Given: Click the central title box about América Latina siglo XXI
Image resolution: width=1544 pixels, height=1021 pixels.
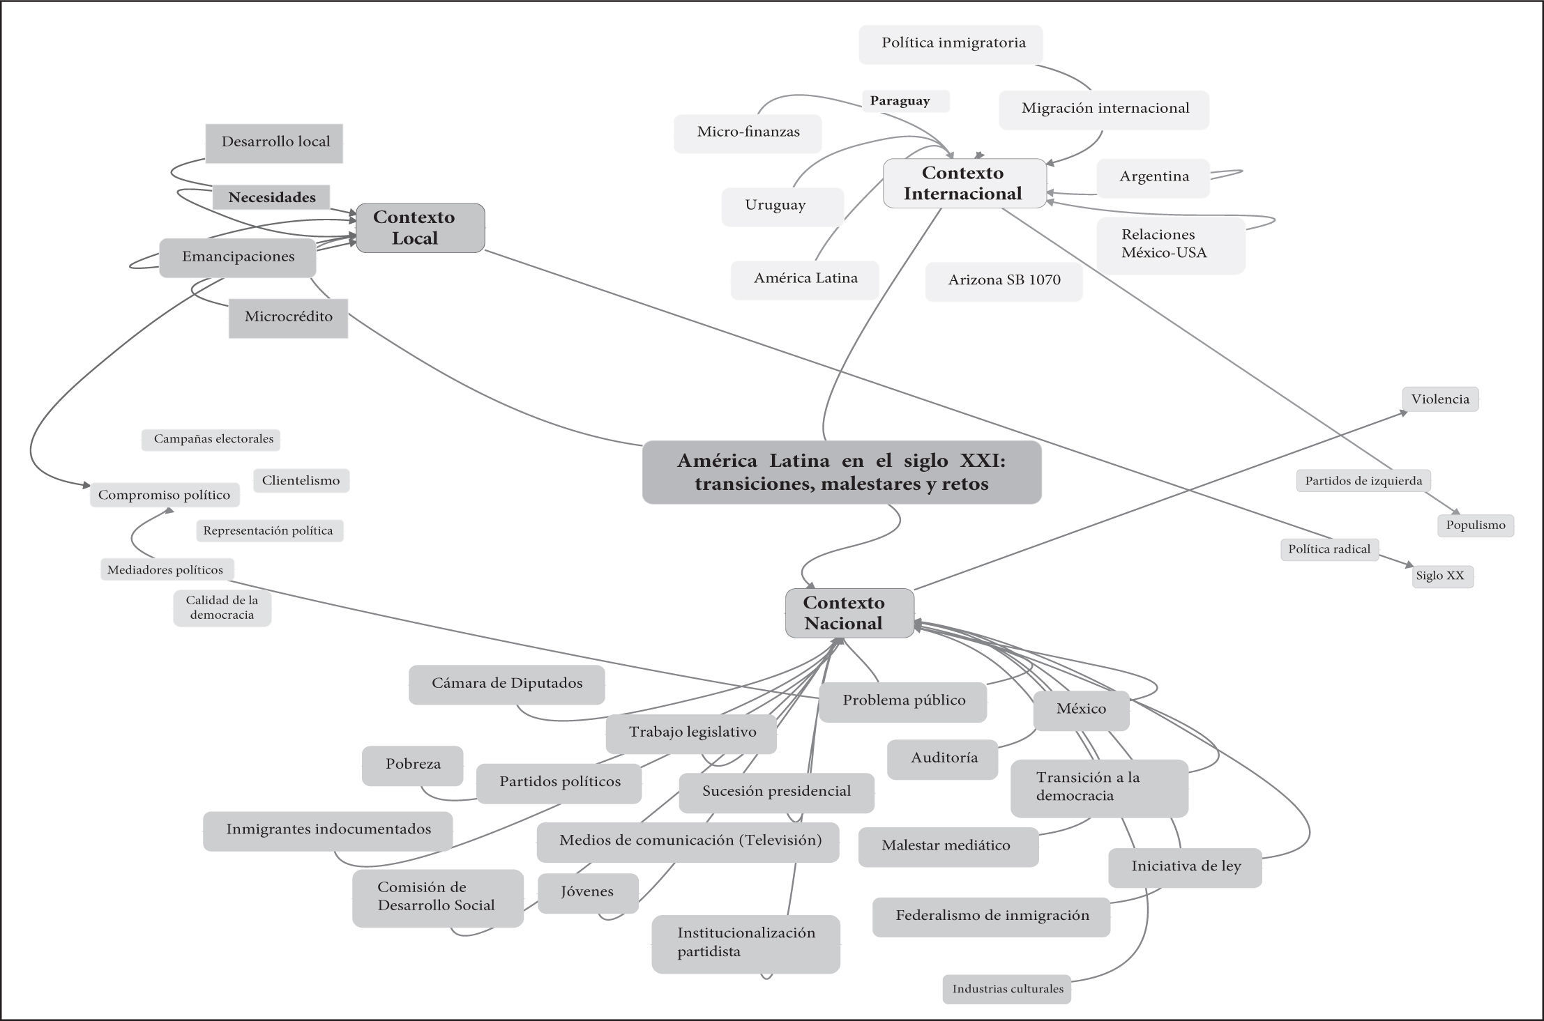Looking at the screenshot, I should pyautogui.click(x=841, y=472).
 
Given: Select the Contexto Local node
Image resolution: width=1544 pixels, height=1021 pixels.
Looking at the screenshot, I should pyautogui.click(x=420, y=228).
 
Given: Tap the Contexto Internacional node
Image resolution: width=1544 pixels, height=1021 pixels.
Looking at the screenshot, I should pyautogui.click(x=964, y=183).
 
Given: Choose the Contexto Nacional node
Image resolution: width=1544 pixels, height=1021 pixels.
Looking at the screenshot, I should pyautogui.click(x=849, y=613).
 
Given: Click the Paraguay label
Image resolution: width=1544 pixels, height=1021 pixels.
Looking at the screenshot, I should pyautogui.click(x=905, y=101).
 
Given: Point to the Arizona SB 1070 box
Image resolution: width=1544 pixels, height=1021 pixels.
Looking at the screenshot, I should pyautogui.click(x=1004, y=281).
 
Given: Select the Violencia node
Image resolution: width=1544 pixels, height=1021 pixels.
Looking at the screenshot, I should pyautogui.click(x=1439, y=399).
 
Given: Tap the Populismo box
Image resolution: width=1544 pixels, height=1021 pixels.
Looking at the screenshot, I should pyautogui.click(x=1475, y=525).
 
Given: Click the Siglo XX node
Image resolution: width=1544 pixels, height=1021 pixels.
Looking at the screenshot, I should pyautogui.click(x=1442, y=576).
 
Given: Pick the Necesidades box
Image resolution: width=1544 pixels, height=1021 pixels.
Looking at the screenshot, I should pyautogui.click(x=271, y=198).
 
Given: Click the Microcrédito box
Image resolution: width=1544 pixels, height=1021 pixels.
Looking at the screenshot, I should pyautogui.click(x=288, y=317).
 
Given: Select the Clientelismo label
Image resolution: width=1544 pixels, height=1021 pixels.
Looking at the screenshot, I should pyautogui.click(x=301, y=481).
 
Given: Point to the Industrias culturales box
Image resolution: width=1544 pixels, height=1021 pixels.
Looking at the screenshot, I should pyautogui.click(x=1006, y=989).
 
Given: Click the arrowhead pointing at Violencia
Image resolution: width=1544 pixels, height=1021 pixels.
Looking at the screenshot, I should pyautogui.click(x=1403, y=413).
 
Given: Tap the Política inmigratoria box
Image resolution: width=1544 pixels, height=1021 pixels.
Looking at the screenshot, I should pyautogui.click(x=951, y=44).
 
